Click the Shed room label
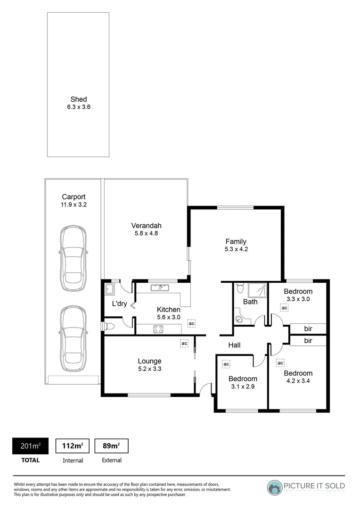(x=79, y=99)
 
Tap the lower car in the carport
(x=73, y=337)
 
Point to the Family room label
(x=236, y=241)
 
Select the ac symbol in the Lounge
(x=184, y=344)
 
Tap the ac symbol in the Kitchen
(x=191, y=324)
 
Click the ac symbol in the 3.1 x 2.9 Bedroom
(x=226, y=364)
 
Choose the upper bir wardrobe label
(x=308, y=328)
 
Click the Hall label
(x=234, y=345)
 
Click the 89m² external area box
(x=112, y=446)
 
